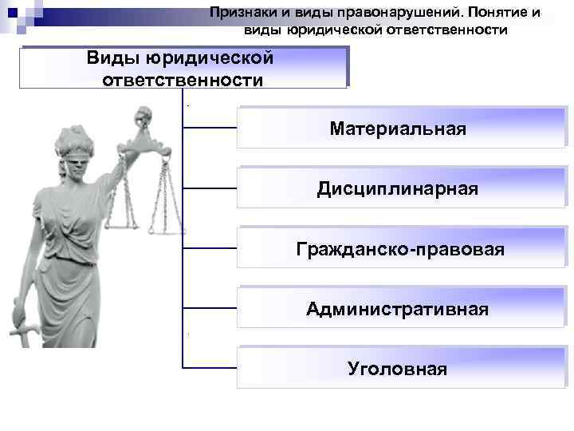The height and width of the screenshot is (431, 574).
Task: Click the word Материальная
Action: [397, 129]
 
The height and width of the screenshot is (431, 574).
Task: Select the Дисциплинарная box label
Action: [397, 189]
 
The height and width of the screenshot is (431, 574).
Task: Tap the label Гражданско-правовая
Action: [399, 250]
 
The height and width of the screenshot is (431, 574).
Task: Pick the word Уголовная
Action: [397, 370]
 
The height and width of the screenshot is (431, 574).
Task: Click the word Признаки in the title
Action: [240, 13]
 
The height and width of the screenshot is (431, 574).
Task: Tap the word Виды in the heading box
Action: [112, 58]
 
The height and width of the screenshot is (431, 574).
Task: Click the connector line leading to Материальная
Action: [210, 128]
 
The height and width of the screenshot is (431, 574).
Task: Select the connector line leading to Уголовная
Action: [210, 368]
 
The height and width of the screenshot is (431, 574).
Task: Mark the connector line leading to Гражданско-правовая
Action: [210, 248]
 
